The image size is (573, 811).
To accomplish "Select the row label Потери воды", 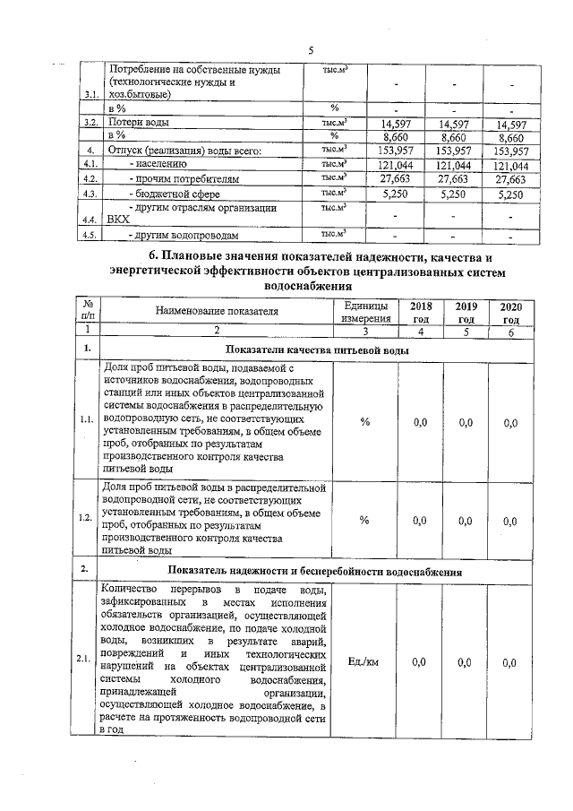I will [137, 122].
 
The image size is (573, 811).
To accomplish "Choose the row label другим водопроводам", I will [184, 236].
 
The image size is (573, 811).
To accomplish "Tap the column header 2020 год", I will [510, 312].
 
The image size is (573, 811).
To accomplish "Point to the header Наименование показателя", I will [215, 312].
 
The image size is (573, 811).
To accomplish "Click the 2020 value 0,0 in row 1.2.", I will [510, 520].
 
